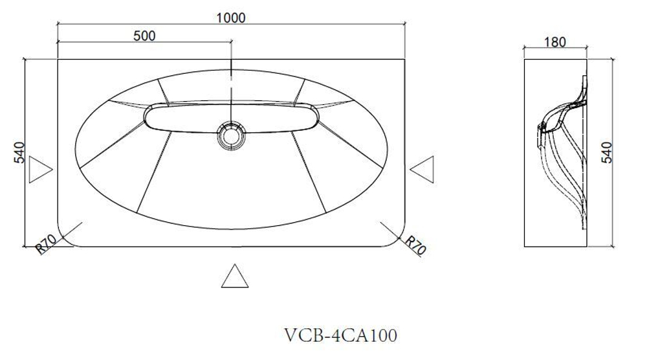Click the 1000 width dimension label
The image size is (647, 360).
[231, 17]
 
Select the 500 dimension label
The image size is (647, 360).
[144, 36]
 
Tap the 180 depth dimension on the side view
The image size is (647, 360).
[555, 42]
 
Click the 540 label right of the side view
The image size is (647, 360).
[607, 152]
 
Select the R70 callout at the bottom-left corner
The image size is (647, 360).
[46, 245]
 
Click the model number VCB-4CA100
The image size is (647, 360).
[340, 335]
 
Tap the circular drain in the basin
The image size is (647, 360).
[230, 136]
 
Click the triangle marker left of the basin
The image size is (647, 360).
[40, 170]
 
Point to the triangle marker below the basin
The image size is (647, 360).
[235, 276]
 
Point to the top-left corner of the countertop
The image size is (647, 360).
[58, 60]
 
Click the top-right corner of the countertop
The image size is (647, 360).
[405, 60]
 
